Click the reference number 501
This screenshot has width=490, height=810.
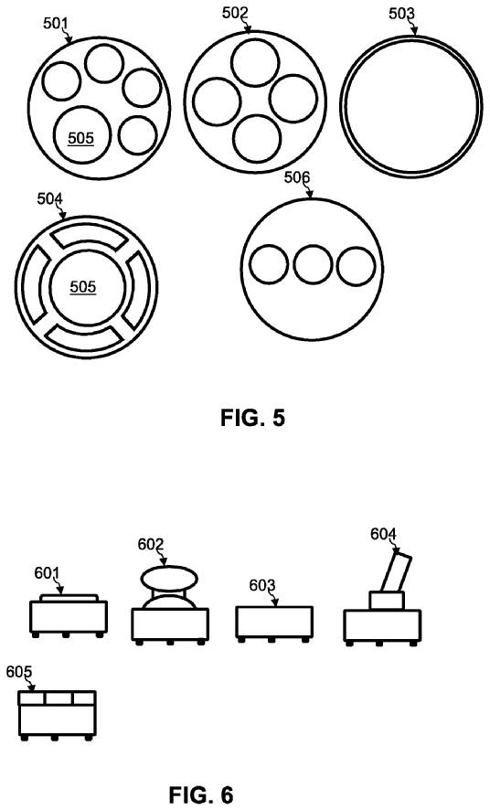tap(56, 23)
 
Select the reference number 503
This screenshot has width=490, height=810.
tap(401, 14)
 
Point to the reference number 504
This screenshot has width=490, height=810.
tap(49, 199)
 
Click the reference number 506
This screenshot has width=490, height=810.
tap(297, 177)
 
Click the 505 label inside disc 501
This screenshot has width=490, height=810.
tap(81, 138)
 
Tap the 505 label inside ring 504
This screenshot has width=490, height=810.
tap(83, 287)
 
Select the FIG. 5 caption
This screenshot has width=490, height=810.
tap(252, 418)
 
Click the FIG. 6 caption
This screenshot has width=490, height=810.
tap(201, 795)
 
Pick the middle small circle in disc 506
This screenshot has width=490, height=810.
tap(313, 264)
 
